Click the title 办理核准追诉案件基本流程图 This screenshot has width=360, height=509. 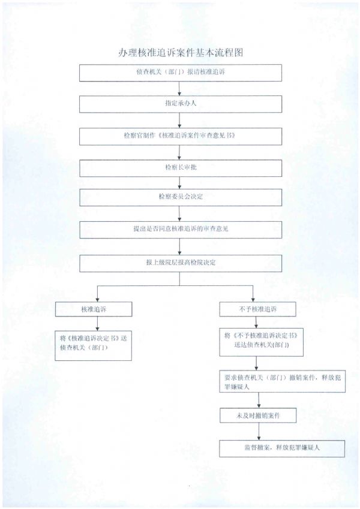[181, 53]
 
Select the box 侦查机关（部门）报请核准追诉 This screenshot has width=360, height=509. [181, 72]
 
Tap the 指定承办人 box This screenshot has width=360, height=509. [181, 104]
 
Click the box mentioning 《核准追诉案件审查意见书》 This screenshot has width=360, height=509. [181, 135]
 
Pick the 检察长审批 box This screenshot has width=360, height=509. [181, 167]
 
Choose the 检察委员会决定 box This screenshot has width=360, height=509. [181, 198]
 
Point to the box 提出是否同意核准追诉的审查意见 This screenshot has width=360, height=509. [181, 230]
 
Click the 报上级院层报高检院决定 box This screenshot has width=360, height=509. [181, 263]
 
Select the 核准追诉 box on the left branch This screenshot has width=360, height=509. [93, 309]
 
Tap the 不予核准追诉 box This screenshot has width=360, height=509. [257, 309]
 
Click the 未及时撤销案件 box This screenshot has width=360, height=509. [257, 415]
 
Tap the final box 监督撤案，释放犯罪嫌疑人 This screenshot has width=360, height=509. [281, 448]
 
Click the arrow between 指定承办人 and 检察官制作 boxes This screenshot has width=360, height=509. [181, 120]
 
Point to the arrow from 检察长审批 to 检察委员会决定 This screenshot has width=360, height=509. [181, 183]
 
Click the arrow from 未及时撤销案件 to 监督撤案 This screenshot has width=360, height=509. [257, 432]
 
